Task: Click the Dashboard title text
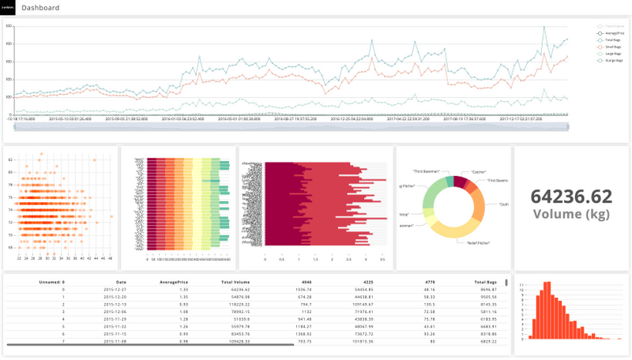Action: pyautogui.click(x=41, y=8)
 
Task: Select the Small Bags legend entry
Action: pyautogui.click(x=613, y=46)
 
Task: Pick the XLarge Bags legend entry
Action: pyautogui.click(x=614, y=60)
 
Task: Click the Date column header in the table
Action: pyautogui.click(x=120, y=281)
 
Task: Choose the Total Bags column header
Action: pyautogui.click(x=485, y=281)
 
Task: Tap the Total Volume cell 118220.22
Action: pyautogui.click(x=236, y=304)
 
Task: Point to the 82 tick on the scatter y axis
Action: pyautogui.click(x=11, y=160)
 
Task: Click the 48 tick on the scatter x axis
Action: pyautogui.click(x=111, y=257)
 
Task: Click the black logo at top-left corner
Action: pyautogui.click(x=8, y=8)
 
